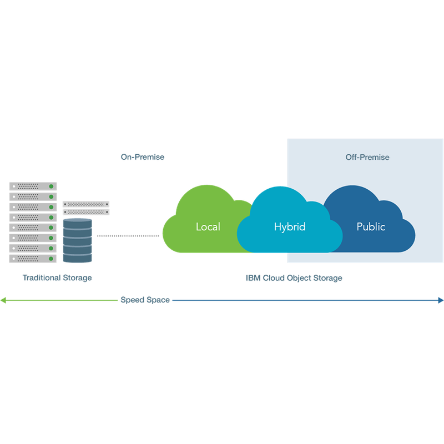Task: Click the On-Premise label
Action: pos(143,157)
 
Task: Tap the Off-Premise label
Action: pos(367,157)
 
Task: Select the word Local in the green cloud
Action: pos(208,226)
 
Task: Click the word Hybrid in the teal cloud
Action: pos(290,227)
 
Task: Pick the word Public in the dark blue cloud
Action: pos(371,226)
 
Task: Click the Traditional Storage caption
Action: pos(57,277)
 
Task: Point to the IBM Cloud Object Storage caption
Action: pos(294,278)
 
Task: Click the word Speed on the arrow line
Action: pos(133,300)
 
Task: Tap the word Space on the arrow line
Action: pos(158,300)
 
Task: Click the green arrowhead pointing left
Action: pos(3,300)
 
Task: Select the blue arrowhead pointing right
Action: pos(441,300)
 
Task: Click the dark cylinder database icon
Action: pos(77,240)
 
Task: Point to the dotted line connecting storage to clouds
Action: pos(128,235)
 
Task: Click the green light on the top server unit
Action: pos(51,186)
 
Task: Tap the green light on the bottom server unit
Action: pos(51,259)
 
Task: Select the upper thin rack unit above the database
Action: pos(86,204)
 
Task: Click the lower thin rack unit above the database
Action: pos(86,212)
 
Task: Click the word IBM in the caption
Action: pos(253,278)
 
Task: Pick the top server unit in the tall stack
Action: pos(33,186)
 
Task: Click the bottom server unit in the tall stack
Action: pos(33,259)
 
